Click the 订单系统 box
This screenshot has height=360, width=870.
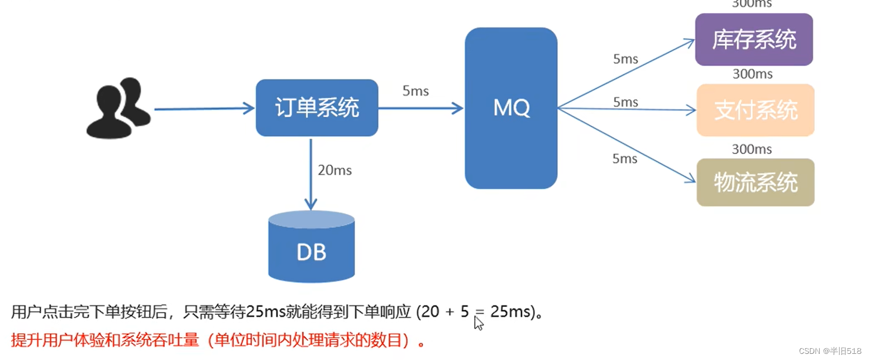click(317, 108)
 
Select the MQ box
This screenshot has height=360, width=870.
click(511, 108)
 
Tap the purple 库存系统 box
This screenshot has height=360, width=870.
click(754, 40)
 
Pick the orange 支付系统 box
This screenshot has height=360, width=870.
click(756, 111)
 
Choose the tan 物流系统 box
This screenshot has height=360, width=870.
click(756, 183)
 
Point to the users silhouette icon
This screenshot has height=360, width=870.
click(118, 108)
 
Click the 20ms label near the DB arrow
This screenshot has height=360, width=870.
click(334, 170)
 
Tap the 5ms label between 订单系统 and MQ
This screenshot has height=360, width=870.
click(415, 91)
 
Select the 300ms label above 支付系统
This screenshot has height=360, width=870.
click(752, 74)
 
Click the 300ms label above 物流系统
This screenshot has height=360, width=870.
click(752, 149)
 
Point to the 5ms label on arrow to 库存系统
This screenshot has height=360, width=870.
click(625, 59)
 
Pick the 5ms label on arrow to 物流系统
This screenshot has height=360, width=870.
click(624, 159)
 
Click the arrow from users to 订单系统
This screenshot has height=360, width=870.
click(204, 109)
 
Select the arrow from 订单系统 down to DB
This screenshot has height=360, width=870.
click(310, 173)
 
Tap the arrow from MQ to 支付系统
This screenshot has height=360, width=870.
click(625, 109)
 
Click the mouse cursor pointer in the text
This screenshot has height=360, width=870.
click(478, 323)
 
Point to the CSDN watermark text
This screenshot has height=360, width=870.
click(830, 351)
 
